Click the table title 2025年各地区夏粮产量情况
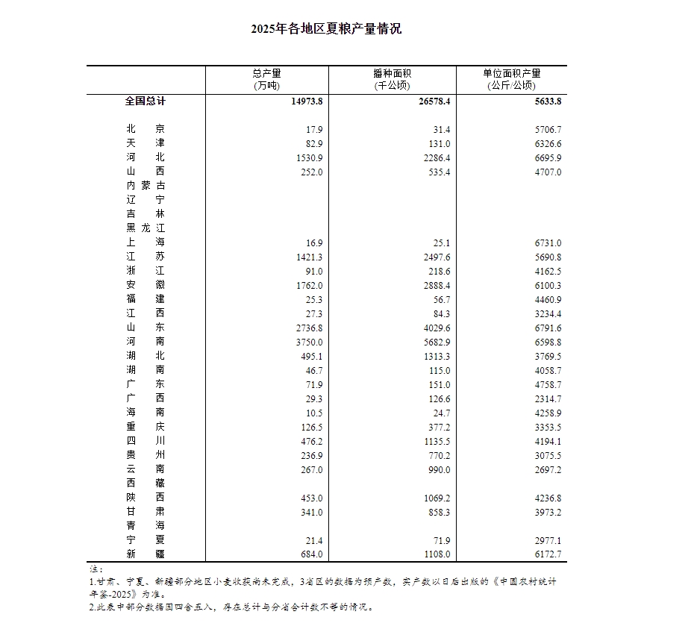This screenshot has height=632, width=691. point(326,29)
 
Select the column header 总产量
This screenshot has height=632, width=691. point(267,73)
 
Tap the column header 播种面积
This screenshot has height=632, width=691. point(392,73)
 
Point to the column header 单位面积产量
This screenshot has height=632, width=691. point(511,73)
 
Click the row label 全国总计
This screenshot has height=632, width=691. point(146,101)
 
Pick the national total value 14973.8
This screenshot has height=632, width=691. point(306,101)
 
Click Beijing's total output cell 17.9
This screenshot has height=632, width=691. point(314,129)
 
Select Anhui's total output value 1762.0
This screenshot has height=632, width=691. point(309,285)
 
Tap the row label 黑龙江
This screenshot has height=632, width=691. point(146,228)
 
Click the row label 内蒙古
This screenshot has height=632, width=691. point(146,185)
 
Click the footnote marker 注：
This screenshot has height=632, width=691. point(94,569)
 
